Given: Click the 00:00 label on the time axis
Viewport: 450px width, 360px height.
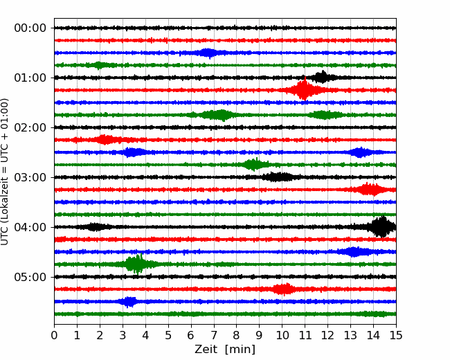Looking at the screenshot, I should point(30,28).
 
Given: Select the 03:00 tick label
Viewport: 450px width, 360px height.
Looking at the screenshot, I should point(30,177).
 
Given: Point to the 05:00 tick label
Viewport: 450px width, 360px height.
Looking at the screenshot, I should point(30,277).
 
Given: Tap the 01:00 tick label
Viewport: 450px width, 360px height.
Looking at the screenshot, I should point(30,78).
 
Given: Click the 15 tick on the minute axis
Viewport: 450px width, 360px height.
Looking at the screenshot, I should point(395,336).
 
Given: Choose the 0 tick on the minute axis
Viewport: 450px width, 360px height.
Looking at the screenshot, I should point(55,336).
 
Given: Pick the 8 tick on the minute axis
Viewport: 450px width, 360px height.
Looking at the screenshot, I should point(236,336).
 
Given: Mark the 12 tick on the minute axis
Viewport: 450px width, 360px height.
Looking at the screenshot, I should point(327,336).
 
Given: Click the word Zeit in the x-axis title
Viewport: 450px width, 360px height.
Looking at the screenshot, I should point(206,350).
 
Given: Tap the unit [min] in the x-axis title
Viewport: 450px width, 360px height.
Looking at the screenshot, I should point(240,350).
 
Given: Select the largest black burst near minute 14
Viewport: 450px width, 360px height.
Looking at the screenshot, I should point(381,226).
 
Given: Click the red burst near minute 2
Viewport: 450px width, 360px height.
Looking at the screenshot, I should point(105,140).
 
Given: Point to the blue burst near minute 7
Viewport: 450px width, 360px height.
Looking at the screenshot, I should point(208,53).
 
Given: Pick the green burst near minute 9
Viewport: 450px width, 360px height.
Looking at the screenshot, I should point(255,165).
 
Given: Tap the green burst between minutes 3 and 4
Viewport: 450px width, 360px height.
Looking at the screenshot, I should point(136,264).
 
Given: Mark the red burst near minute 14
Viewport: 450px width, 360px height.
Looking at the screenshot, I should point(370,190).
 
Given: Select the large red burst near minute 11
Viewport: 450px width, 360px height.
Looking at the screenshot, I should point(303,90).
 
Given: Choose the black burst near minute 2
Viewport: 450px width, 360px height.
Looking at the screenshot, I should point(96,227).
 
